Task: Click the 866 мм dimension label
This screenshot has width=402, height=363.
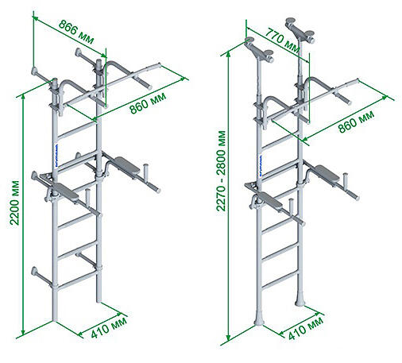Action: click(76, 32)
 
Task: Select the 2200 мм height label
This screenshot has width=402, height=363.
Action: click(15, 203)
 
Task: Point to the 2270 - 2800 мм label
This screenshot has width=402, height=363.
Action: click(221, 171)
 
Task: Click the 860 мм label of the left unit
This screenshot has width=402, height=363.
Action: click(148, 103)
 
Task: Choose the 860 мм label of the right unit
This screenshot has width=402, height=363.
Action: click(356, 122)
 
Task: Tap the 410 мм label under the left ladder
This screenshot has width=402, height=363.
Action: click(109, 328)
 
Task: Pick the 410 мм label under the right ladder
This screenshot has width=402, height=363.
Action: click(305, 328)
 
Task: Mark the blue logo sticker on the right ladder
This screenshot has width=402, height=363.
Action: click(261, 165)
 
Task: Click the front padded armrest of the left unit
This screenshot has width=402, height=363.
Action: click(66, 191)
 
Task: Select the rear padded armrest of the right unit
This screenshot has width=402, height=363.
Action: click(327, 173)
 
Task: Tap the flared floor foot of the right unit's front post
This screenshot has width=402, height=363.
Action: click(259, 319)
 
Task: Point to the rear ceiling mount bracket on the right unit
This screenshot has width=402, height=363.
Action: click(300, 29)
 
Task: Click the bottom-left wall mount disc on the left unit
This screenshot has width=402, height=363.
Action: click(34, 271)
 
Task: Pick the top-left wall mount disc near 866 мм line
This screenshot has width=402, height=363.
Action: click(35, 71)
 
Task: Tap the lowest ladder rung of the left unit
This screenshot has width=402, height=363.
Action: click(77, 280)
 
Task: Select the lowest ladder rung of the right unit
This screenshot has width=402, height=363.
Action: click(280, 280)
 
